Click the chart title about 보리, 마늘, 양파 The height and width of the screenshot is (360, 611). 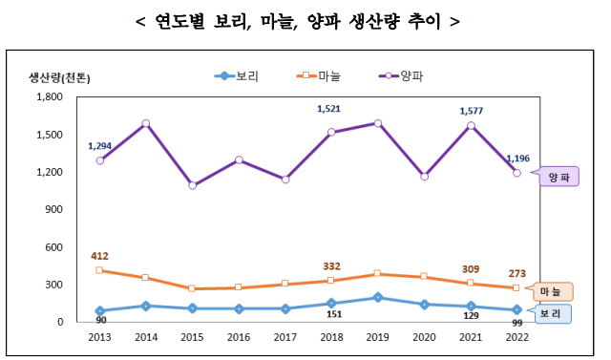pyautogui.click(x=305, y=21)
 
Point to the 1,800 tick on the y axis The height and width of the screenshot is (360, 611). pyautogui.click(x=50, y=96)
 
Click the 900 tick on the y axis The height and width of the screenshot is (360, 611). pyautogui.click(x=53, y=209)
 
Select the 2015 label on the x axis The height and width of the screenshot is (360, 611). pyautogui.click(x=192, y=337)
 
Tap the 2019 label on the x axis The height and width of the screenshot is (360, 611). pyautogui.click(x=378, y=337)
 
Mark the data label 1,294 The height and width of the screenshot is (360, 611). pyautogui.click(x=100, y=146)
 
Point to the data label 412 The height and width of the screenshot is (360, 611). pyautogui.click(x=99, y=256)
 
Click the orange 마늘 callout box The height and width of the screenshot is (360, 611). pyautogui.click(x=550, y=290)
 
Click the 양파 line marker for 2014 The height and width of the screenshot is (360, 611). pyautogui.click(x=146, y=123)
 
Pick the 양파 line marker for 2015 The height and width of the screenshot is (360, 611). pyautogui.click(x=192, y=185)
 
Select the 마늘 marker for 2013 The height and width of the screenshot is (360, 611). pyautogui.click(x=99, y=270)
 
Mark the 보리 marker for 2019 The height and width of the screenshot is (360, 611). pyautogui.click(x=378, y=298)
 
